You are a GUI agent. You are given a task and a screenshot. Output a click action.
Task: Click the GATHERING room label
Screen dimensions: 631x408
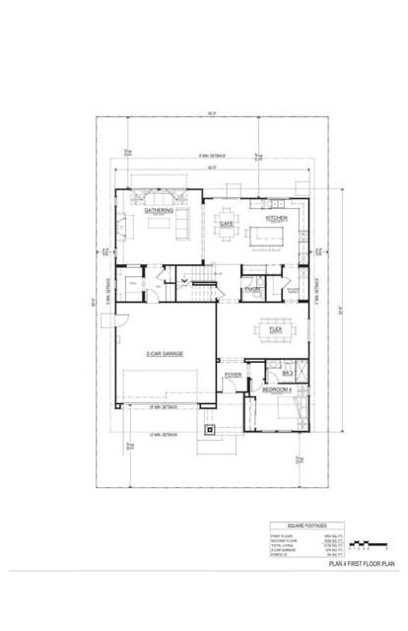(x=159, y=210)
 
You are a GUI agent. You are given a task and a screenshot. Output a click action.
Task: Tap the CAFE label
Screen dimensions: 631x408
(x=226, y=224)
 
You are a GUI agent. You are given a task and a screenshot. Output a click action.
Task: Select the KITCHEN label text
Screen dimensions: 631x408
(x=276, y=217)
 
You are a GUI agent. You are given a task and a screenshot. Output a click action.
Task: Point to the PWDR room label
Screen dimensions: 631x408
(x=251, y=288)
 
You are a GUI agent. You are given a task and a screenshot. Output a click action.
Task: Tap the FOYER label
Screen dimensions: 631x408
(x=233, y=376)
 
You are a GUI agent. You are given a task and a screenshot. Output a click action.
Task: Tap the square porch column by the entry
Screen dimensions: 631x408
(x=208, y=429)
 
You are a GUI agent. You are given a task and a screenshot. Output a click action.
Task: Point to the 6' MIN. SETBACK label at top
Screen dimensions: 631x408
(x=211, y=156)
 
